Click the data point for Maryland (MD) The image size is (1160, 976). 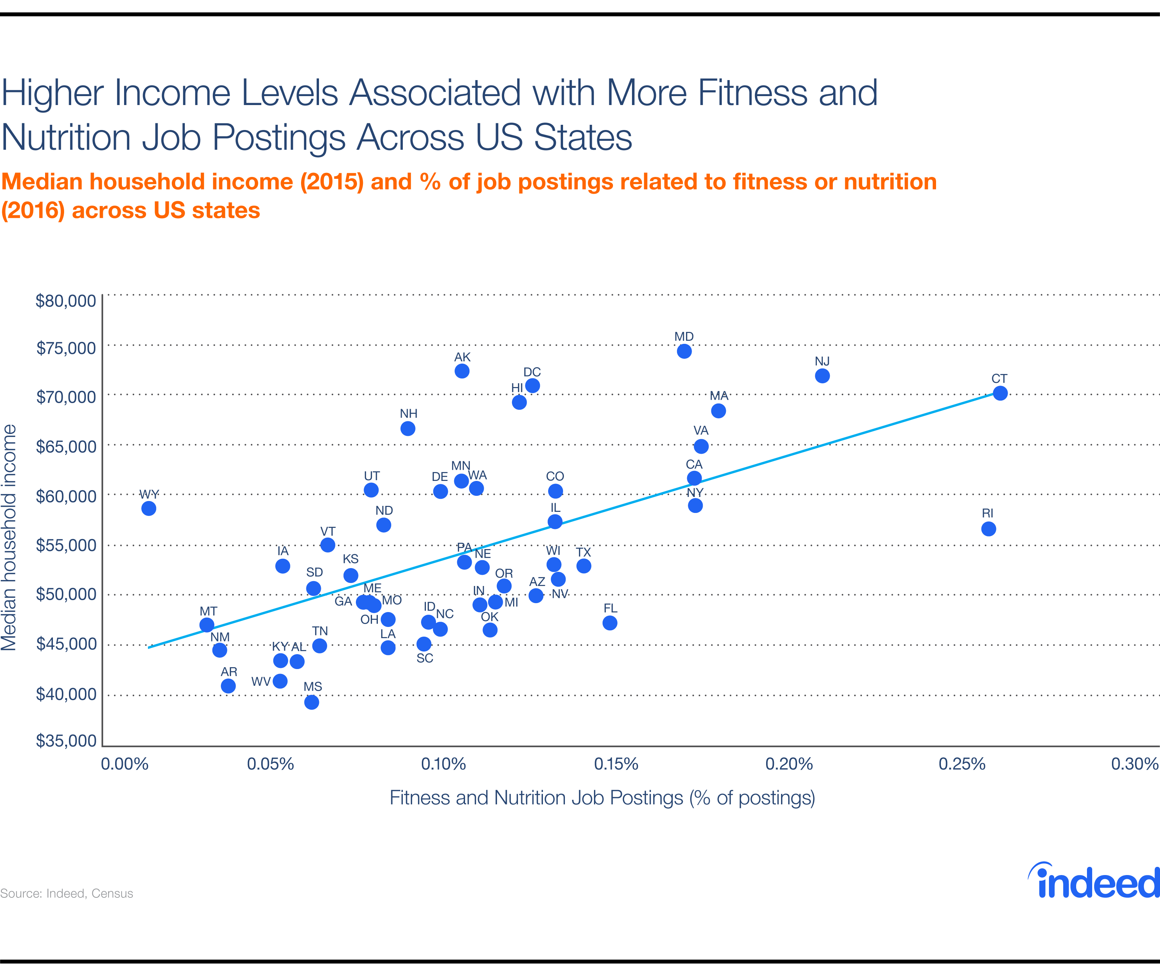coord(684,351)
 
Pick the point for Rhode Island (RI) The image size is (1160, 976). coord(989,529)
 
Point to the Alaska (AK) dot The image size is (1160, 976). coord(462,371)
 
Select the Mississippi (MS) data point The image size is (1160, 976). coord(312,702)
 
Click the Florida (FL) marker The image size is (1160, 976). coord(610,623)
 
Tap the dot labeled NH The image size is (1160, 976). coord(408,429)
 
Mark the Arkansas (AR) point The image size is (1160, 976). coord(228,686)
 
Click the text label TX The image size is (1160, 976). coord(583,552)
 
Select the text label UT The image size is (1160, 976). coord(372,476)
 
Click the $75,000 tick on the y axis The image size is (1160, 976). coord(66,348)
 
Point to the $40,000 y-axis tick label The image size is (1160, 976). coord(66,694)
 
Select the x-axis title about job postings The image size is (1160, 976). coord(602,798)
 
